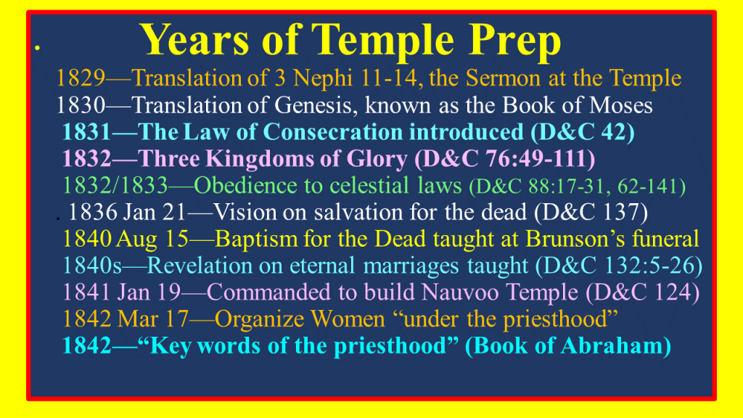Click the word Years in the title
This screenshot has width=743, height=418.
194,40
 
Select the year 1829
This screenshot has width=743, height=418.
81,78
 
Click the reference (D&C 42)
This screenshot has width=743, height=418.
583,132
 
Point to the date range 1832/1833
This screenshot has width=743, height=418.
115,186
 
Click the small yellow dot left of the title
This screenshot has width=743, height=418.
37,48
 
